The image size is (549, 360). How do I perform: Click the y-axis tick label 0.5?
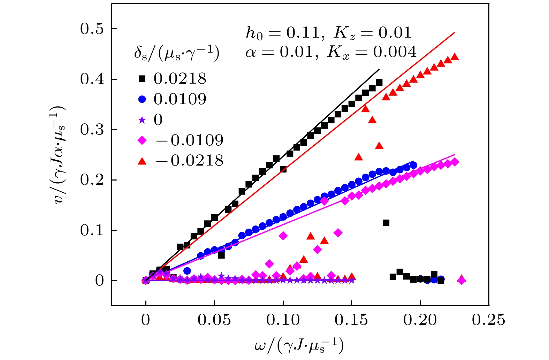tap(92, 29)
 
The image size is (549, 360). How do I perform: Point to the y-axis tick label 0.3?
tap(92, 130)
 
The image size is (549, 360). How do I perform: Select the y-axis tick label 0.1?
tap(92, 230)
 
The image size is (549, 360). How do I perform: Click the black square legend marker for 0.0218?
tap(142, 79)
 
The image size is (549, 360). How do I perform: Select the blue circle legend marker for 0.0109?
tap(142, 99)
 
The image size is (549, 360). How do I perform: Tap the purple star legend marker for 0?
tap(142, 120)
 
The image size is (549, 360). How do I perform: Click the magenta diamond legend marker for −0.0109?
tap(142, 140)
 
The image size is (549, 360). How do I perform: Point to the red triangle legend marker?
tap(142, 161)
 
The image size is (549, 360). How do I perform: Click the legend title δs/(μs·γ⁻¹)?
tap(177, 54)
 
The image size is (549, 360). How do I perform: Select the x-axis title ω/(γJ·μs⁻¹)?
tap(299, 345)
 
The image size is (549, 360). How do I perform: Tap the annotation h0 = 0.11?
tap(283, 33)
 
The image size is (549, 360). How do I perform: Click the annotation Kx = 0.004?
tap(372, 52)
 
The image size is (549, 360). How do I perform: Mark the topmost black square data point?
tap(379, 83)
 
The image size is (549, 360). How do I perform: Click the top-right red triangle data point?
tap(455, 57)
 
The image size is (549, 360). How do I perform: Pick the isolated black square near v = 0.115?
tap(386, 223)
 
